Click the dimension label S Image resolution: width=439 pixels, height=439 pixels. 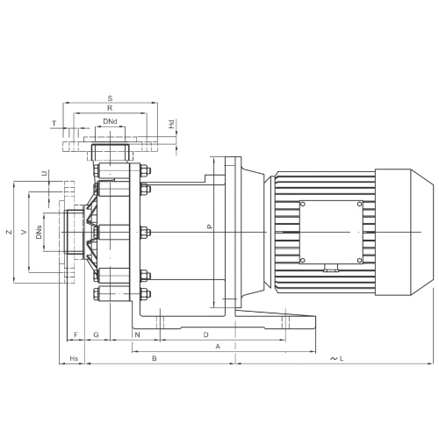[110, 98]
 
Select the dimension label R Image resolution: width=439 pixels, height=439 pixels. [110, 108]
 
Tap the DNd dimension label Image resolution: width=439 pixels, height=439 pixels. [110, 121]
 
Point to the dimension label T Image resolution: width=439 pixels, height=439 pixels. [54, 124]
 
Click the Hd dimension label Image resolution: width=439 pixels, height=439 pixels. [171, 124]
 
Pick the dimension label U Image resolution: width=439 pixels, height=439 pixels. [44, 173]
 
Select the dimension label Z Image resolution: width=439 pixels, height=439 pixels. [10, 232]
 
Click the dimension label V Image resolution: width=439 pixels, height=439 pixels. [25, 232]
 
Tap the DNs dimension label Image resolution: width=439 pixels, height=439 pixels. [39, 232]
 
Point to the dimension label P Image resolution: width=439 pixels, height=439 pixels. [209, 227]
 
